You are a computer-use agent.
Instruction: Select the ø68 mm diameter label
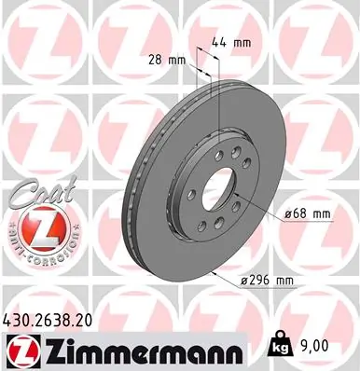click(309, 213)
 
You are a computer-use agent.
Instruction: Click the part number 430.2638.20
click(54, 320)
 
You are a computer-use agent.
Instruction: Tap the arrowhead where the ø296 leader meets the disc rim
click(214, 271)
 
